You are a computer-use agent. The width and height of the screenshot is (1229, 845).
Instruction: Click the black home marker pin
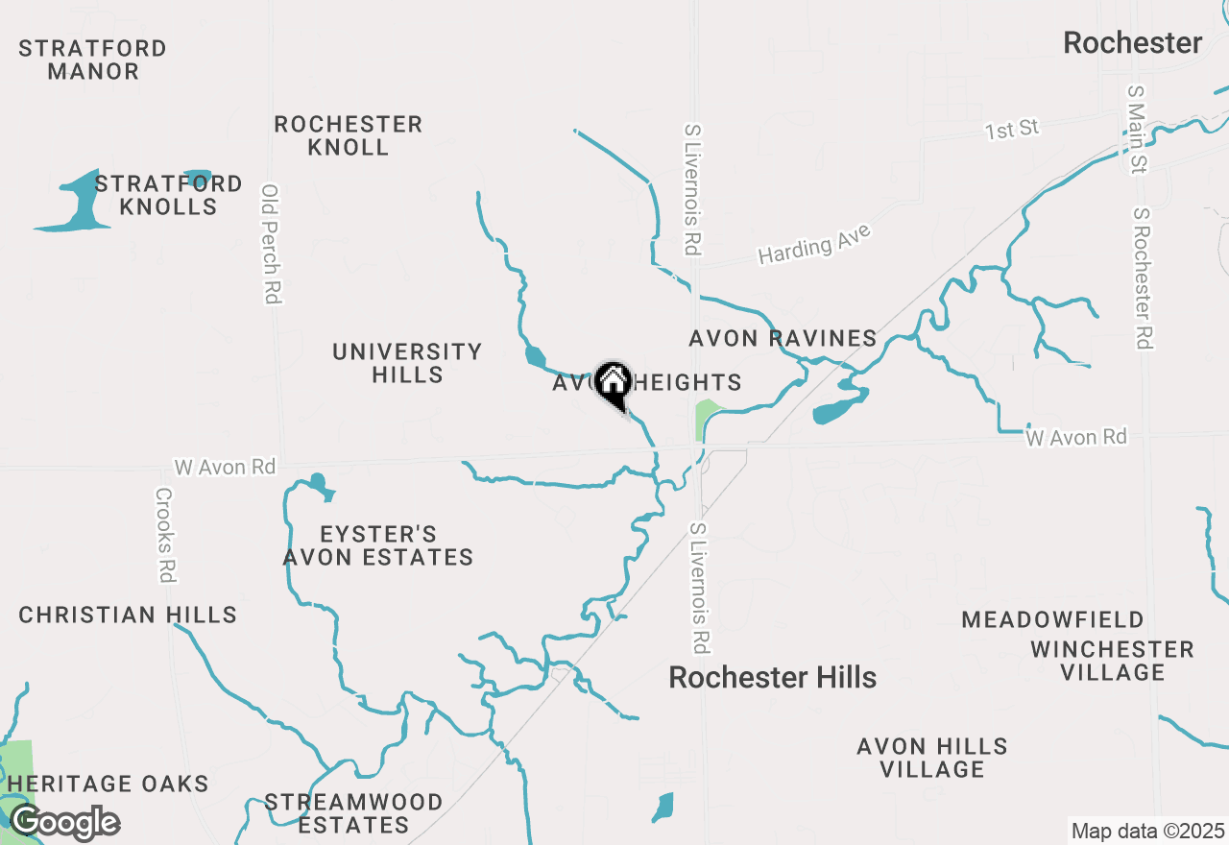pos(612,384)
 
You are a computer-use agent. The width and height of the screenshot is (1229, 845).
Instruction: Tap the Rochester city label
pos(1132,43)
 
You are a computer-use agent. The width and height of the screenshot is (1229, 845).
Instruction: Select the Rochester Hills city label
pos(772,677)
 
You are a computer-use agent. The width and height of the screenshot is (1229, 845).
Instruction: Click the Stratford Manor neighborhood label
pos(92,60)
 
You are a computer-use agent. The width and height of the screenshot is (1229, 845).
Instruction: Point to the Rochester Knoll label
pos(348,135)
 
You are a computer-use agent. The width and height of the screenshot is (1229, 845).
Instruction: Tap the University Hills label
pos(407,363)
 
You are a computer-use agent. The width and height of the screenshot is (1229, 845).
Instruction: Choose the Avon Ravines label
pos(783,338)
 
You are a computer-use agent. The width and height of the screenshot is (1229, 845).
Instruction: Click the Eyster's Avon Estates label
pos(378,545)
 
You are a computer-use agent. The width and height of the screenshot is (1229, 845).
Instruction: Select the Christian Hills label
pos(128,615)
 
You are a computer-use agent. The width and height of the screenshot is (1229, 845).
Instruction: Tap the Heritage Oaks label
pos(108,784)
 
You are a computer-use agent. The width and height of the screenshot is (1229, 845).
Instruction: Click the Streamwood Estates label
pos(353,813)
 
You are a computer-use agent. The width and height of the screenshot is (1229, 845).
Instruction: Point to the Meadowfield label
pos(1053,619)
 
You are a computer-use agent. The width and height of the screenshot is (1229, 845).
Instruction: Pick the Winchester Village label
pos(1112,661)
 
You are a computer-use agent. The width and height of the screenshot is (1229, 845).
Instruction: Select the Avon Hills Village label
pos(932,758)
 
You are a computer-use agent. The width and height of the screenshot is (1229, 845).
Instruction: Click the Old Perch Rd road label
pos(271,245)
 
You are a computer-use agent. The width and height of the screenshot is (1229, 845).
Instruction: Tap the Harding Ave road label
pos(814,244)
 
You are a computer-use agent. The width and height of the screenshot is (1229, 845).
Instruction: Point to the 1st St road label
pos(1012,129)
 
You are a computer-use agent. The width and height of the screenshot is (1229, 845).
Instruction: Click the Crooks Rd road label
pos(164,535)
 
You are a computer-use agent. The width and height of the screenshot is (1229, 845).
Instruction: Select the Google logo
pos(64,823)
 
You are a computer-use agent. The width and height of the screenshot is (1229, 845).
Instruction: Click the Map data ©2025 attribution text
pos(1147,831)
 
